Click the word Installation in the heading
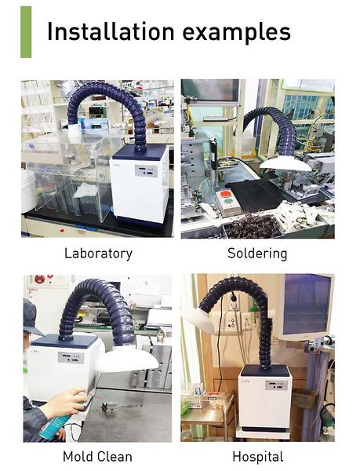click(111, 31)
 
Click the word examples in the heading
click(237, 33)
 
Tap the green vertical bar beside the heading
click(26, 32)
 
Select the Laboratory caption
click(98, 254)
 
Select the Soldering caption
click(257, 254)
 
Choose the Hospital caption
click(258, 457)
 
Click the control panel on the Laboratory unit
click(146, 171)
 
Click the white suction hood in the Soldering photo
click(285, 164)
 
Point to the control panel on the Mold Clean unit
click(71, 358)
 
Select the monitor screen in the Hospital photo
click(307, 305)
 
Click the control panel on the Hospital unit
click(276, 385)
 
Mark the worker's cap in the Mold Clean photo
click(31, 316)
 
